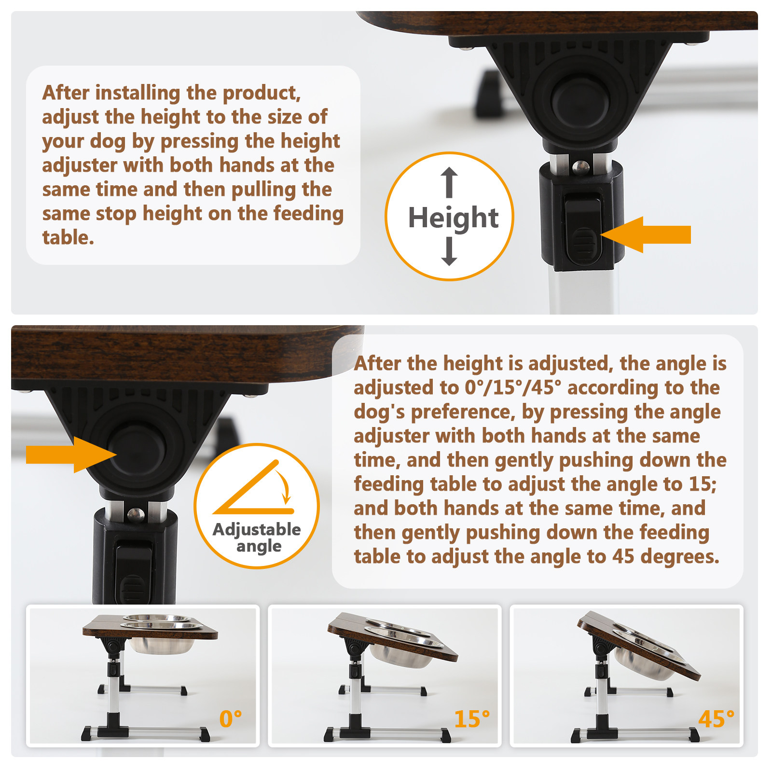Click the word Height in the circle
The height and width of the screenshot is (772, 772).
coord(453,218)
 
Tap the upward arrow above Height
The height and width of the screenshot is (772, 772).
coord(449,182)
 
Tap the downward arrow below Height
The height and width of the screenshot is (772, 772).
coord(449,252)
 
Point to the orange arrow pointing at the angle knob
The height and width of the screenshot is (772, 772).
coord(71,455)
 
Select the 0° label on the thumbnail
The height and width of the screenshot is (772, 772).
coord(231,718)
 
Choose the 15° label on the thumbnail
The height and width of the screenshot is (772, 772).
coord(472,718)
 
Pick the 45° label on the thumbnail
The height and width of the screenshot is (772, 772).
coord(717,718)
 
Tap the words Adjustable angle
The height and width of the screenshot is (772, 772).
coord(257,538)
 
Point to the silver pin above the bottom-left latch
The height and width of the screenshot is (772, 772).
coord(136,514)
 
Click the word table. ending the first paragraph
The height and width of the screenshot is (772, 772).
coord(68,238)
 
